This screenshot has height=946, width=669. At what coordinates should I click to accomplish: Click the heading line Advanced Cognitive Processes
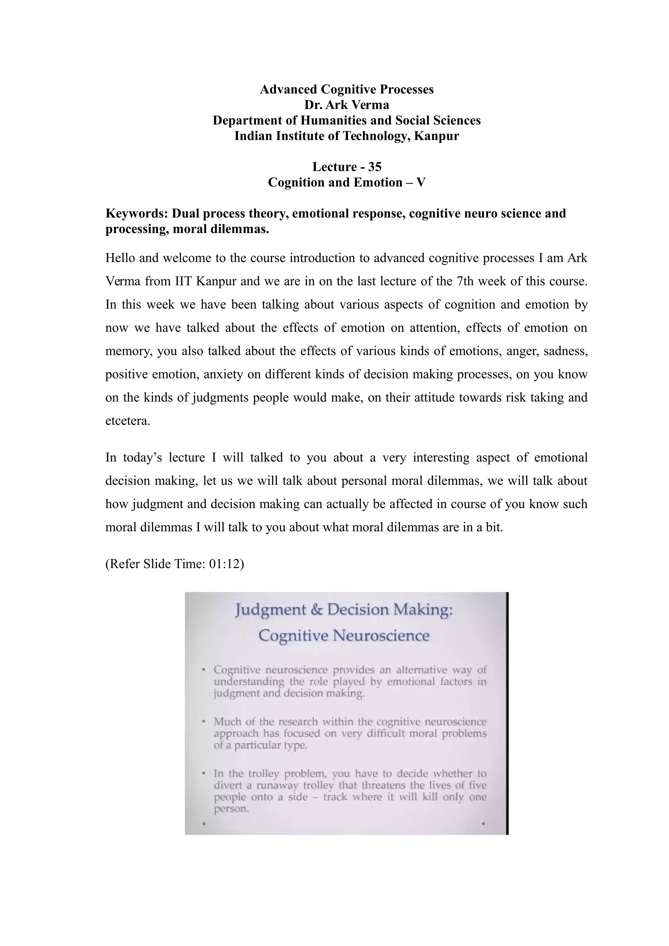(x=346, y=89)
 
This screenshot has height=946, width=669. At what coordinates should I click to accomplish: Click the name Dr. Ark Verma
(x=346, y=105)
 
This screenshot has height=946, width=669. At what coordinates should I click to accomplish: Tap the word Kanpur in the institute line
(x=436, y=136)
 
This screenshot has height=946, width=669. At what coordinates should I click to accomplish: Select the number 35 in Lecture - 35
(x=374, y=167)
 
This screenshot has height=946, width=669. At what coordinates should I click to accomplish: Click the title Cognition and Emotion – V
(x=346, y=182)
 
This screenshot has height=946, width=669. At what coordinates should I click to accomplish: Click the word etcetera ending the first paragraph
(x=127, y=421)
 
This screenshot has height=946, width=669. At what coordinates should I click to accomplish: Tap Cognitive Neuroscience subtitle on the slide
(x=344, y=635)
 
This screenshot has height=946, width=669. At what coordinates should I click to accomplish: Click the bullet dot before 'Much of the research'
(x=204, y=722)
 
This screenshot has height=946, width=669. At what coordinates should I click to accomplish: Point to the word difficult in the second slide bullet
(x=388, y=733)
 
